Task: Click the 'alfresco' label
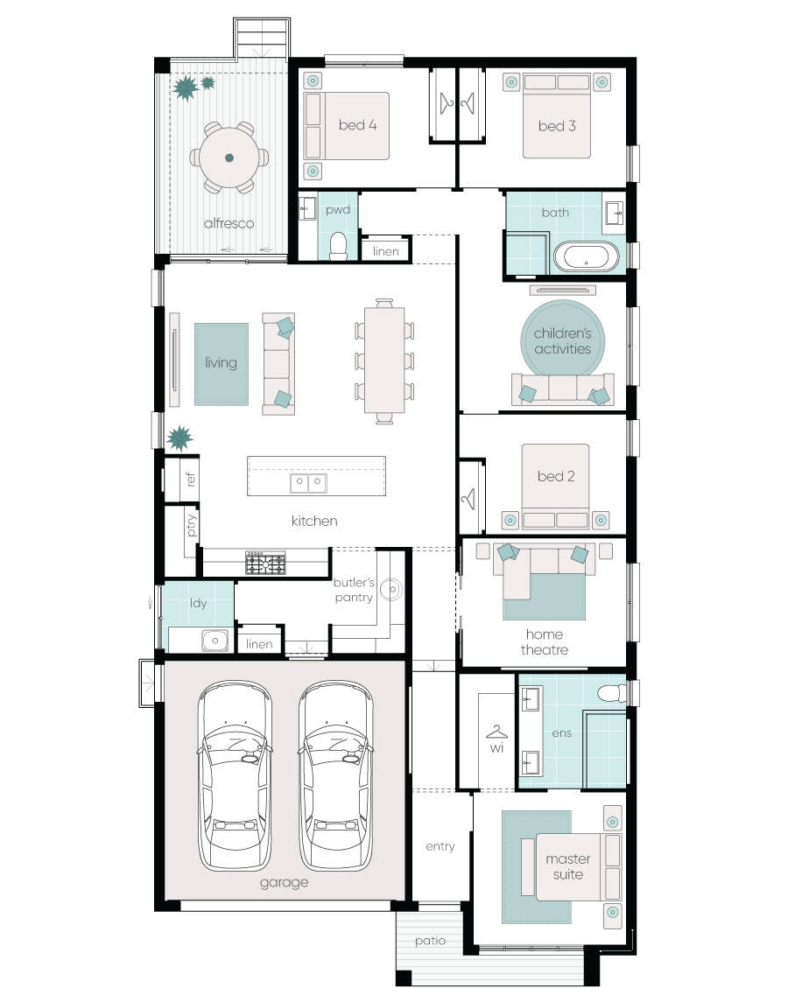pos(229,223)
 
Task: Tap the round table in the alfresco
pos(229,158)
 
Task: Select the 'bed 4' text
pos(357,125)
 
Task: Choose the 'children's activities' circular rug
pos(562,340)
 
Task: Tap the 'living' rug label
pos(221,362)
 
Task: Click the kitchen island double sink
pos(308,482)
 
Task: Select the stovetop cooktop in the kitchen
pos(265,562)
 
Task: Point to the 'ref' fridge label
pos(190,480)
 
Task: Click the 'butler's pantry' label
pos(353,590)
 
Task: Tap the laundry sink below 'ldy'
pos(215,641)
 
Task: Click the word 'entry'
pos(440,846)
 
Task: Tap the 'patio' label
pos(430,941)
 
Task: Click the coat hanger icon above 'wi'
pos(497,731)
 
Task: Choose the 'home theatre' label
pos(545,641)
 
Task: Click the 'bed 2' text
pos(556,476)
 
